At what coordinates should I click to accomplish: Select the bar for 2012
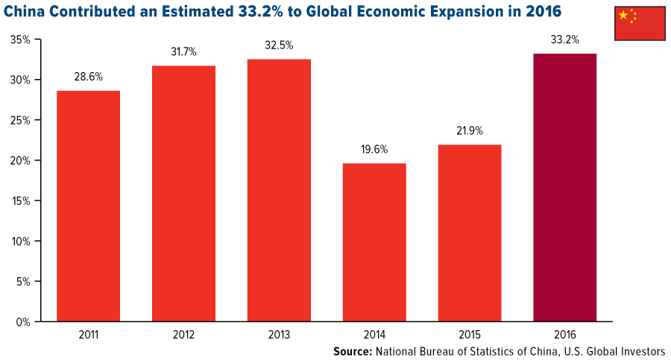point(183,194)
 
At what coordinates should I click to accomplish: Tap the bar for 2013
point(279,191)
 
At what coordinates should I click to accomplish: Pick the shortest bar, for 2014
point(374,242)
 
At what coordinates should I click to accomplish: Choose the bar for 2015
point(470,233)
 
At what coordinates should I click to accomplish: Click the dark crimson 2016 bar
point(565,188)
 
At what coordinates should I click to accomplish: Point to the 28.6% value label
point(88,77)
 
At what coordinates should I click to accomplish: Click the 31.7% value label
point(183,52)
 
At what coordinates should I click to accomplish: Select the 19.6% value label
point(374,149)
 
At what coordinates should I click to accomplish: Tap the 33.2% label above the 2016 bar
point(565,40)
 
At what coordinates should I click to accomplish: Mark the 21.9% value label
point(470,130)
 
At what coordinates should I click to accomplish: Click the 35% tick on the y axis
point(21,40)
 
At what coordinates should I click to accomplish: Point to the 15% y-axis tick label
point(21,201)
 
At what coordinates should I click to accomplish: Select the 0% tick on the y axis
point(24,322)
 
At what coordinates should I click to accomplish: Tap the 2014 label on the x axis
point(374,335)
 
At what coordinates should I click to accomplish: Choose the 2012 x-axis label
point(183,335)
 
